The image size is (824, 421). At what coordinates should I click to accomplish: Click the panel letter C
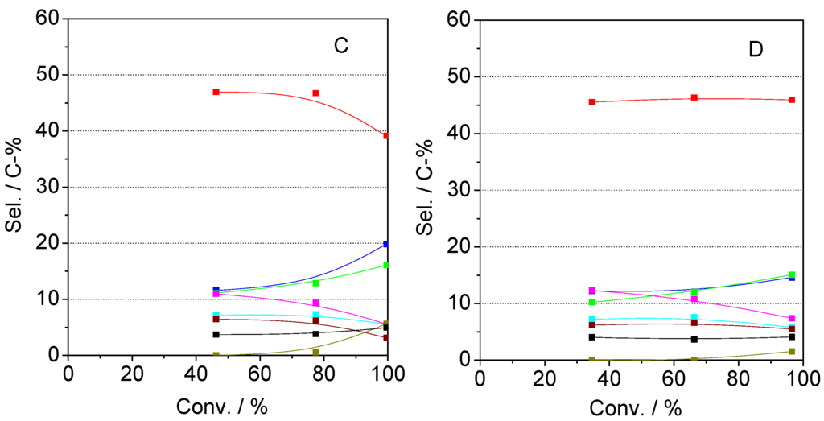click(x=341, y=47)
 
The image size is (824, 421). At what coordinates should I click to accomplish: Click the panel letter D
click(x=755, y=49)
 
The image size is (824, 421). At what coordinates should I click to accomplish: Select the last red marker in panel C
click(x=386, y=136)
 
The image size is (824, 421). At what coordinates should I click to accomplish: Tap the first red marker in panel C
click(x=216, y=92)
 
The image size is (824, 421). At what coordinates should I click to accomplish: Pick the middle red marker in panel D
click(x=694, y=98)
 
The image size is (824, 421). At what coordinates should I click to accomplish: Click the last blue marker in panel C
click(x=386, y=244)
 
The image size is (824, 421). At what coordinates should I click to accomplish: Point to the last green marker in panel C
click(x=386, y=265)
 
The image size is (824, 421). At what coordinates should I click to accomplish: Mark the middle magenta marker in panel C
click(x=315, y=303)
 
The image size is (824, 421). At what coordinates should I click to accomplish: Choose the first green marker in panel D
click(x=592, y=303)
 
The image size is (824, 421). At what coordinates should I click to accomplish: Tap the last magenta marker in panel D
click(x=792, y=318)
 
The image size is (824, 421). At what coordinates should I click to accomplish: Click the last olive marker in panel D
click(x=792, y=352)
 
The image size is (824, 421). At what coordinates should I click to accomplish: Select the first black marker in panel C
click(x=216, y=334)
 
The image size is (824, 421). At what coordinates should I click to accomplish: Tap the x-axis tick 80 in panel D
click(x=738, y=378)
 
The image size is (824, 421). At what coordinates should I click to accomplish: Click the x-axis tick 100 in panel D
click(x=801, y=378)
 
